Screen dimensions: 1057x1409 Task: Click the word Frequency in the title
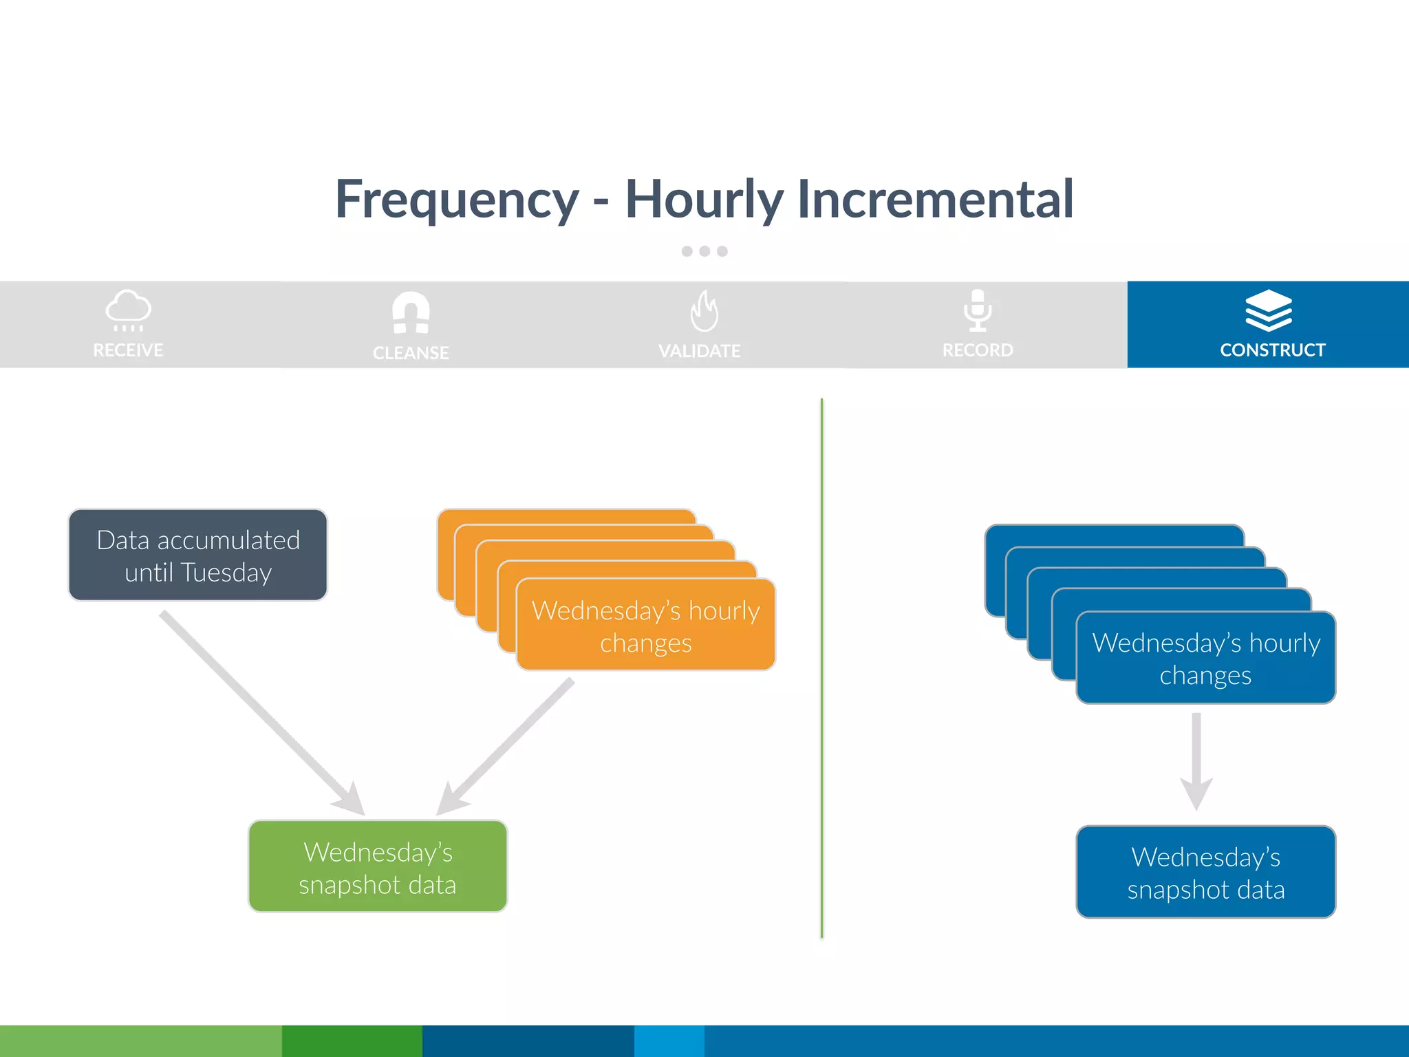(457, 200)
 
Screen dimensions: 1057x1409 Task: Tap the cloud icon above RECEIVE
(128, 310)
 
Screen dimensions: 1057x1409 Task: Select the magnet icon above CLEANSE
(411, 312)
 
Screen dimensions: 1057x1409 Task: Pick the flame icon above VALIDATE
(704, 311)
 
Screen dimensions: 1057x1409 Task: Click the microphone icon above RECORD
(977, 310)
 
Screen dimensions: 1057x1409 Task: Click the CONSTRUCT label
(1272, 350)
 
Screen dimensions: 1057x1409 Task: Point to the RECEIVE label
(128, 350)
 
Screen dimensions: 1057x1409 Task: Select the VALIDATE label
(699, 351)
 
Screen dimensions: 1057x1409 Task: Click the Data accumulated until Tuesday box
(198, 555)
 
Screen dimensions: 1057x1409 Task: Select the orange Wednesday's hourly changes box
(645, 626)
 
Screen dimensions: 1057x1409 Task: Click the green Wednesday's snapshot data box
(378, 867)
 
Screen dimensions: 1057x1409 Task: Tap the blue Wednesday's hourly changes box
(1205, 658)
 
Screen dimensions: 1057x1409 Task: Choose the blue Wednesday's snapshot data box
(1205, 873)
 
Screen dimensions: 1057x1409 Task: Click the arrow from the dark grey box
(261, 713)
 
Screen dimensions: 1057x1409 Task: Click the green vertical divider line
(821, 668)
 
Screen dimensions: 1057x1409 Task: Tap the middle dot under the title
(704, 251)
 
